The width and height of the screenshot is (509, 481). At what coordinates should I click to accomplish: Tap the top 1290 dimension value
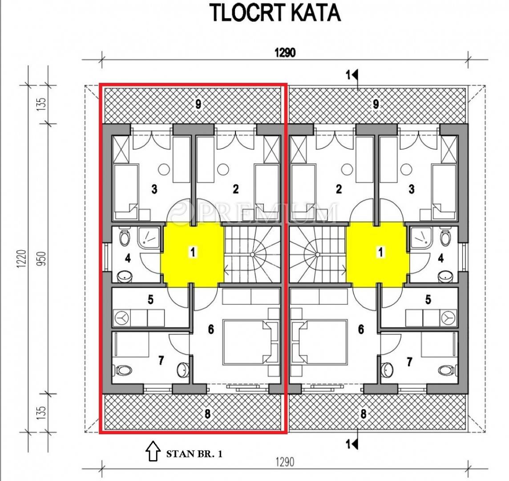285,52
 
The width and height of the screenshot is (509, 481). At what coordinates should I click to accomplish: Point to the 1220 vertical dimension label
21,259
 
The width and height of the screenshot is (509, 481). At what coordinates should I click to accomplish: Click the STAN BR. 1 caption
194,454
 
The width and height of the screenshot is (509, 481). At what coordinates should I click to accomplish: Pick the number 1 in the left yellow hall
193,252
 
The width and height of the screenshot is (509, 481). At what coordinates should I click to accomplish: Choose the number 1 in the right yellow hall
380,252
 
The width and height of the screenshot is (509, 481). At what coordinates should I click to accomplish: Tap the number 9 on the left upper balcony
198,104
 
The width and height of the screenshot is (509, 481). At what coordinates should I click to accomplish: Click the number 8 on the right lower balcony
363,414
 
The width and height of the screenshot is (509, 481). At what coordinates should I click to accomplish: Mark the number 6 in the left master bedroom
211,329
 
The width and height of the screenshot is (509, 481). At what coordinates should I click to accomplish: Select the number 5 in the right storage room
428,299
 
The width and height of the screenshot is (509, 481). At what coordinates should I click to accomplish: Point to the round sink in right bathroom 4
445,277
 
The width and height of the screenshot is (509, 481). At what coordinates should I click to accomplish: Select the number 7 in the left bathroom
161,360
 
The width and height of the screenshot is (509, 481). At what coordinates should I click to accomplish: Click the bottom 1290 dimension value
285,462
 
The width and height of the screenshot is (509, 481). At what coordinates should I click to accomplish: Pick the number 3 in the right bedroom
412,189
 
